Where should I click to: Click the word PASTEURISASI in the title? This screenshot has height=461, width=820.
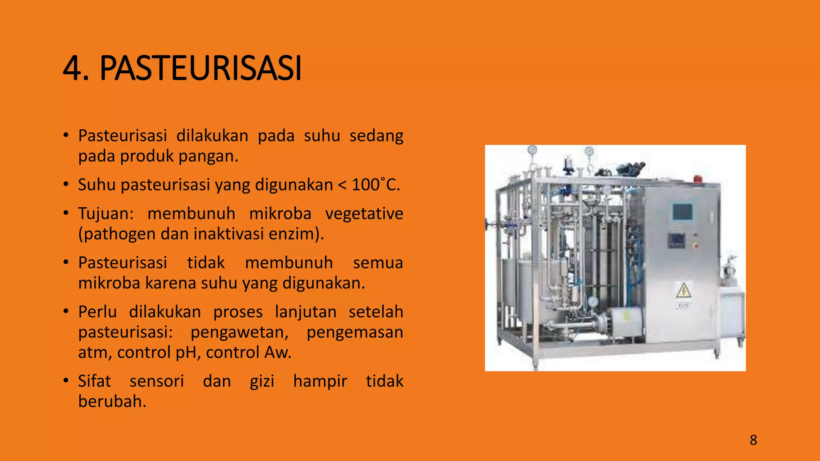coord(200,68)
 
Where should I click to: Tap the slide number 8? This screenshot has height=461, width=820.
coord(753,440)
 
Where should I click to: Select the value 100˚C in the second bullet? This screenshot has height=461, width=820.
coord(375,185)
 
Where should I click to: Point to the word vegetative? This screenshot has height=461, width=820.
coord(364,214)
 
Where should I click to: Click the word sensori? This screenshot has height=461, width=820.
coord(157,381)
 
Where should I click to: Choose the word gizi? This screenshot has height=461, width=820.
coord(262,381)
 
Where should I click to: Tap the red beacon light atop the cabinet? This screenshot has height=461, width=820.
coord(698,179)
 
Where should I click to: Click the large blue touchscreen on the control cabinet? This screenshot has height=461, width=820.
coord(682,212)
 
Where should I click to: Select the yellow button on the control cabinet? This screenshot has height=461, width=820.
coord(695,245)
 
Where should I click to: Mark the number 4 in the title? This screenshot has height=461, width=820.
coord(71,68)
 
